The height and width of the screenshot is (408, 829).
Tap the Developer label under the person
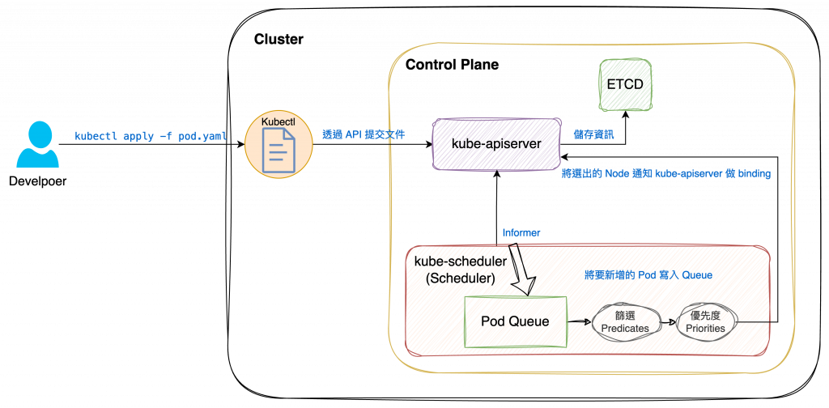(37, 181)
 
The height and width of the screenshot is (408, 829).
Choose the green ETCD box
(624, 84)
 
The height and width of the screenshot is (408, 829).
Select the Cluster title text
(278, 39)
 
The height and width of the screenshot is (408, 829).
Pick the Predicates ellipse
(623, 321)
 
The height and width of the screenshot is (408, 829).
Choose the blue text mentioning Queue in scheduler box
(648, 275)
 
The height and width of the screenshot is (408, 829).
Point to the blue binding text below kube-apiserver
(665, 173)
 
